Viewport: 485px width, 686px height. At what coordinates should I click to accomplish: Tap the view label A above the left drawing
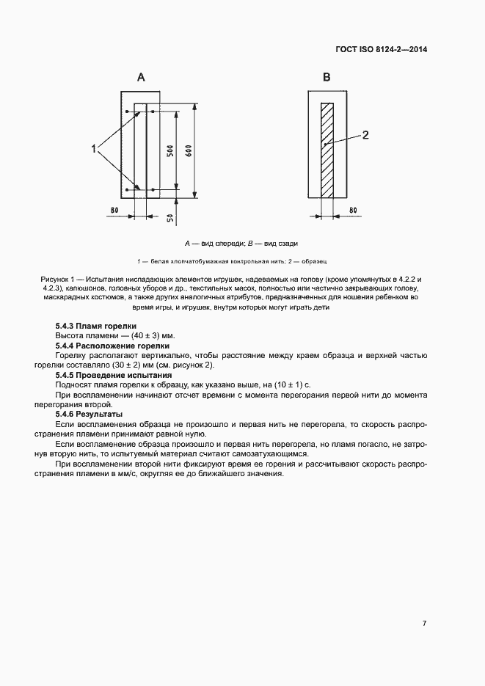[141, 76]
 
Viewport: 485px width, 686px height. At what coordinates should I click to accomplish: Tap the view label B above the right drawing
[327, 76]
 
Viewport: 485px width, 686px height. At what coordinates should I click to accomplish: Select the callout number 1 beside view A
[94, 149]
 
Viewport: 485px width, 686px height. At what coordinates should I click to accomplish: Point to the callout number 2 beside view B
[365, 134]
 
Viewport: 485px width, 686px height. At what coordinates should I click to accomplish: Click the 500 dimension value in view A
[169, 152]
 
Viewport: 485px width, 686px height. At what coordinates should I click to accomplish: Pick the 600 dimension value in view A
[188, 151]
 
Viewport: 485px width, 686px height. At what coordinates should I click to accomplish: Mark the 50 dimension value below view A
[169, 219]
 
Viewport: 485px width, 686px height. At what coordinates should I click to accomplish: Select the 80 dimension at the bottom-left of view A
[114, 211]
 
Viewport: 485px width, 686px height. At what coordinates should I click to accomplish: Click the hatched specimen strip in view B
[327, 150]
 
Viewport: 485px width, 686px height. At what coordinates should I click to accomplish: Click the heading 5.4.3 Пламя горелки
[95, 326]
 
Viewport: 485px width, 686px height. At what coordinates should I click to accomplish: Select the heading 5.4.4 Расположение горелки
[112, 345]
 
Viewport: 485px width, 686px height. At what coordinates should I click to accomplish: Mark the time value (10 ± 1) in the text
[282, 384]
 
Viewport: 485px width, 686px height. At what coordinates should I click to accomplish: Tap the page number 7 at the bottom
[424, 624]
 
